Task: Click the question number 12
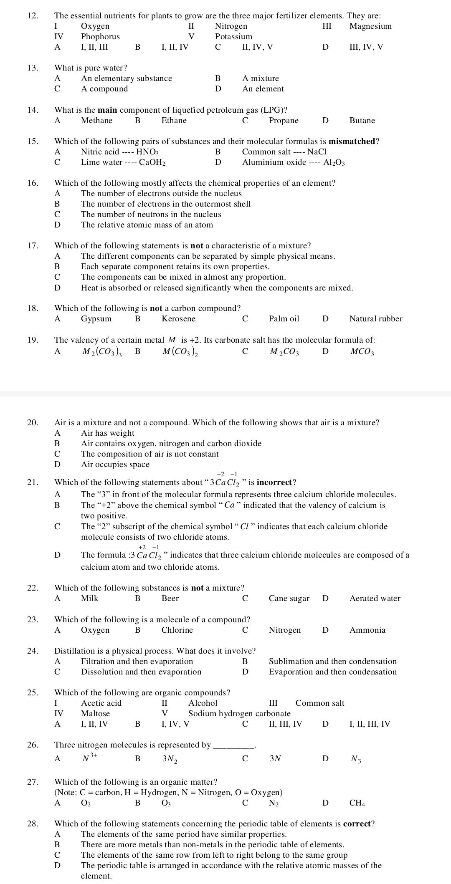[x=32, y=16]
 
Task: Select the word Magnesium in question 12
[x=370, y=26]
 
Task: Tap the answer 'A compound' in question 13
[x=104, y=88]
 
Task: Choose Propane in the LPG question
[x=284, y=121]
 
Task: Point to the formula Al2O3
[x=334, y=162]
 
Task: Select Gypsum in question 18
[x=96, y=319]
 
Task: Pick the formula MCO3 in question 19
[x=362, y=352]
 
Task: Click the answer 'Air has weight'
[x=108, y=433]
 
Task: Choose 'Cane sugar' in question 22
[x=289, y=599]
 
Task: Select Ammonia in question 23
[x=367, y=630]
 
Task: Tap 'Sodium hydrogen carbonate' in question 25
[x=239, y=713]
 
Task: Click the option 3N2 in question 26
[x=170, y=759]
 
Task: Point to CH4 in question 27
[x=357, y=802]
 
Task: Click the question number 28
[x=32, y=823]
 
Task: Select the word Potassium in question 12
[x=233, y=37]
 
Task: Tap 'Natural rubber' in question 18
[x=376, y=319]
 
